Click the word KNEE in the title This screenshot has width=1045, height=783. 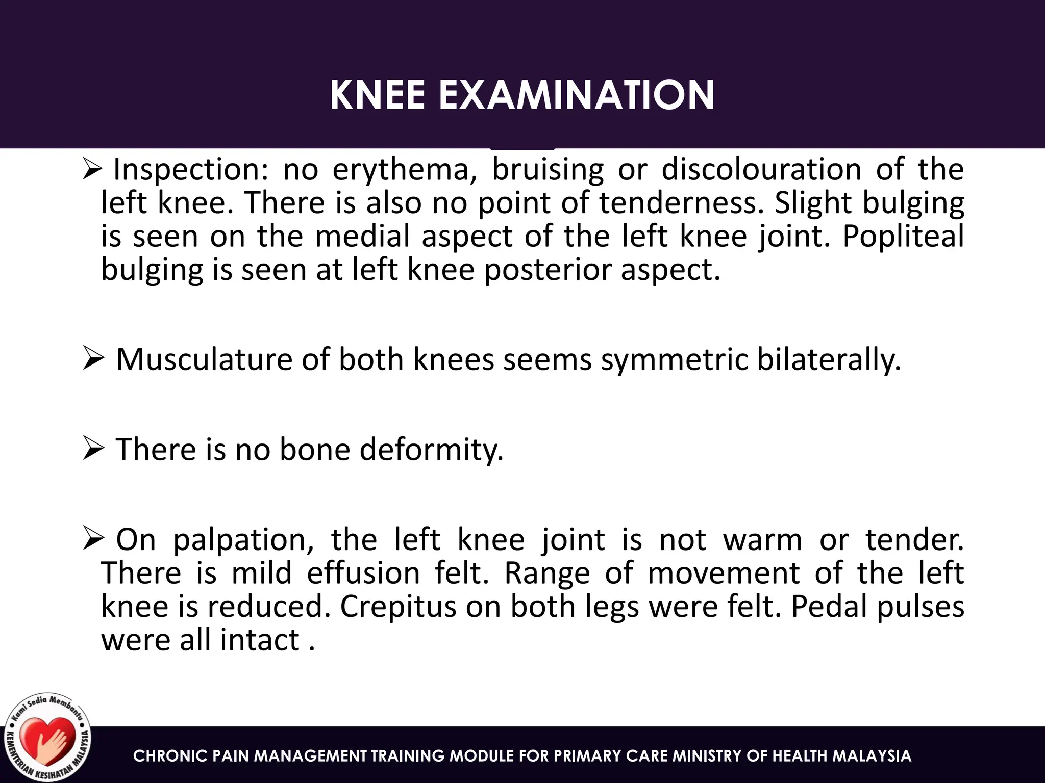(x=378, y=95)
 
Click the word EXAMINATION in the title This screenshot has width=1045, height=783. (x=577, y=95)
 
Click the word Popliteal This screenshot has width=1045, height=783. (x=903, y=236)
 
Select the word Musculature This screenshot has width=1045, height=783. (x=204, y=359)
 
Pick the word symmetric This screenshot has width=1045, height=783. (x=674, y=359)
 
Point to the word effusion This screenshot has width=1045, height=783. (x=363, y=573)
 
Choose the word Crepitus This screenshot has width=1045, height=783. (x=398, y=607)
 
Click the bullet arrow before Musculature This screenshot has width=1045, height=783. (x=93, y=359)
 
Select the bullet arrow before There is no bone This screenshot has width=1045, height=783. (x=93, y=449)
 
